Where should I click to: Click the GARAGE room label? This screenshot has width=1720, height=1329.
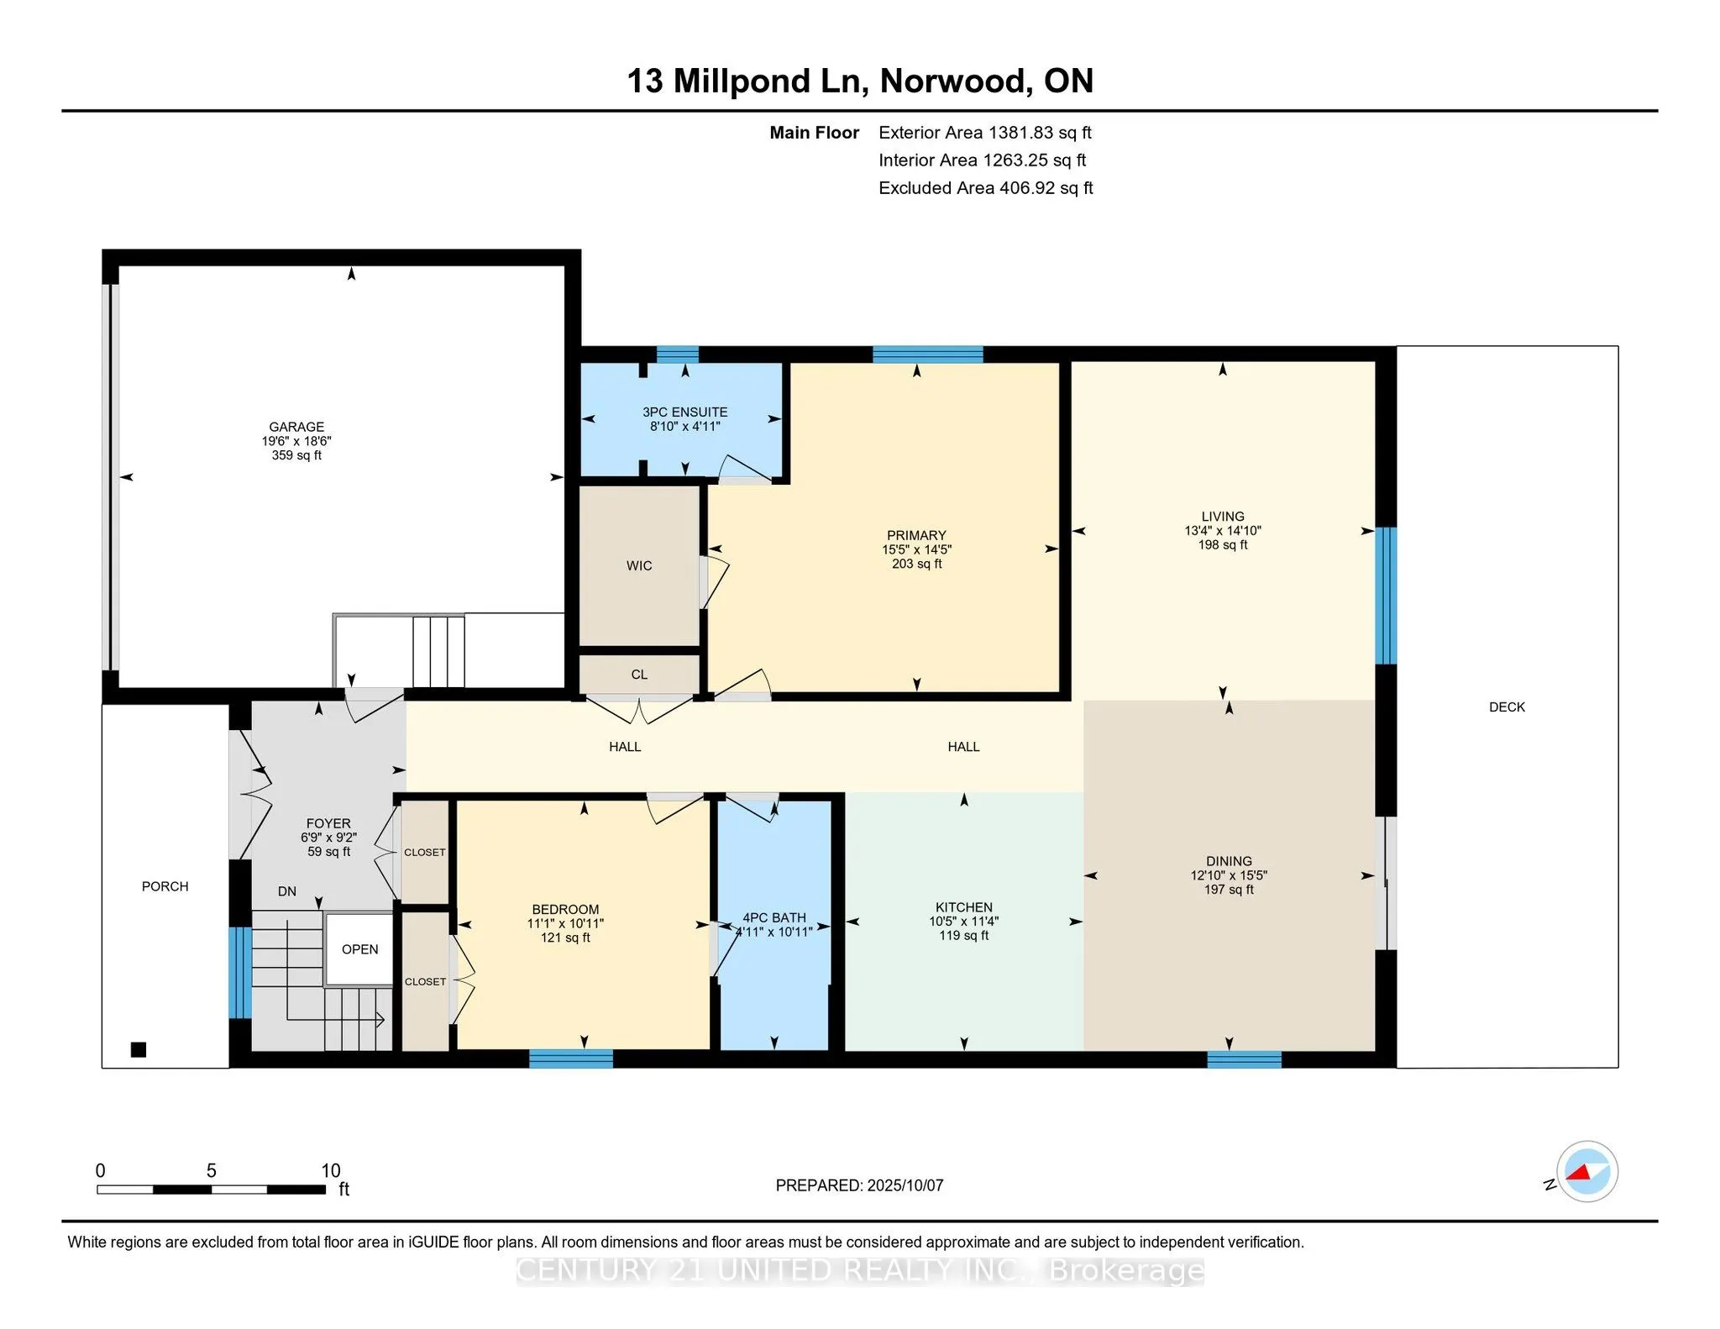[x=296, y=427]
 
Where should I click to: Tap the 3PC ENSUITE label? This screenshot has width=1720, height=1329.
[x=685, y=412]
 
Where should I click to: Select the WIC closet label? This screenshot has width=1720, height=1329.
[x=639, y=566]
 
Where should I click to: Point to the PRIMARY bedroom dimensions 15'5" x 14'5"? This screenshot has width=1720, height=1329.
[x=916, y=549]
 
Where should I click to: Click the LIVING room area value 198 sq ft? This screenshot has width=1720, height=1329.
[x=1223, y=545]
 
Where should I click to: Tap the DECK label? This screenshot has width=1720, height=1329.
[x=1507, y=707]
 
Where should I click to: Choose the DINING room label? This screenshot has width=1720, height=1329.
[x=1229, y=861]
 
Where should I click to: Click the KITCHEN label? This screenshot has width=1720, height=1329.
[x=964, y=907]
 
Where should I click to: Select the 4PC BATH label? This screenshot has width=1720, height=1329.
[x=774, y=918]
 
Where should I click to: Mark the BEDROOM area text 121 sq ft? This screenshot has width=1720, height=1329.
[x=565, y=938]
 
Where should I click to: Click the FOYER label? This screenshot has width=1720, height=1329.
[x=328, y=823]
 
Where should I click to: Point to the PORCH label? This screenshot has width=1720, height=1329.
[x=165, y=886]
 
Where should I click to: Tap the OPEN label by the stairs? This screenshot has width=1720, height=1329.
[x=359, y=949]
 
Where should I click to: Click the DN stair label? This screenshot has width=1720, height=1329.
[x=287, y=891]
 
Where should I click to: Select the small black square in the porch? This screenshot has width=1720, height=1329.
[x=139, y=1049]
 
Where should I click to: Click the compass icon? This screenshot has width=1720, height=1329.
[x=1586, y=1172]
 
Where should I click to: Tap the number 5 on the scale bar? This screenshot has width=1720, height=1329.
[x=212, y=1170]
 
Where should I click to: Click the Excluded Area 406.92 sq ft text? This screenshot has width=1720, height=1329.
[x=986, y=188]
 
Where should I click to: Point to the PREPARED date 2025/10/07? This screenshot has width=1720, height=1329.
[x=905, y=1185]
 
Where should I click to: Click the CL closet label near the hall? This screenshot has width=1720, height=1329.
[x=639, y=675]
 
